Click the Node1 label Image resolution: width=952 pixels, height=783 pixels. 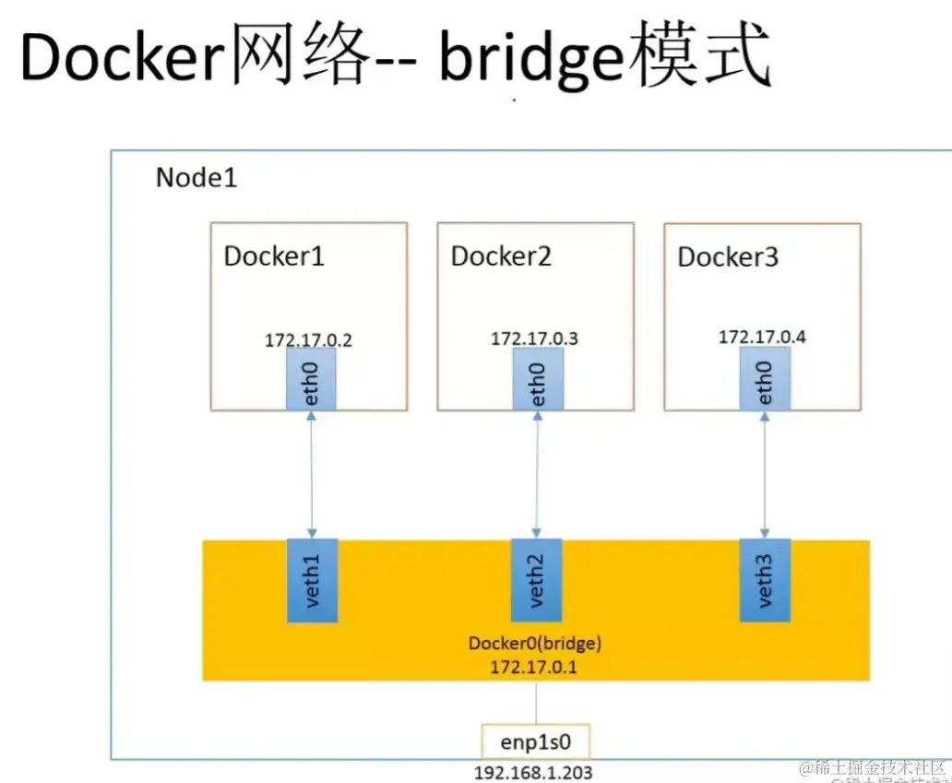[196, 177]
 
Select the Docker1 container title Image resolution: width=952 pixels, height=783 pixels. [274, 255]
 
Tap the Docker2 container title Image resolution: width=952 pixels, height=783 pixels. [501, 255]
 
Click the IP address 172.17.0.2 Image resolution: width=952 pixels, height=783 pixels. [308, 339]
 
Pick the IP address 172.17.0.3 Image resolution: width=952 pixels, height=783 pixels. [534, 338]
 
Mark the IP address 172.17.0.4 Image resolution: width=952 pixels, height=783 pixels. [762, 337]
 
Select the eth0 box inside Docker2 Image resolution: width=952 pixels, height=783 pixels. [538, 380]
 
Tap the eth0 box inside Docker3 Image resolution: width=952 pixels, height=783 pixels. [765, 379]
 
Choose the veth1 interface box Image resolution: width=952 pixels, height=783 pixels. [312, 580]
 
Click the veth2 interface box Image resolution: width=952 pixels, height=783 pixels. [537, 580]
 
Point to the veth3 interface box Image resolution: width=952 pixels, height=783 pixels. [765, 580]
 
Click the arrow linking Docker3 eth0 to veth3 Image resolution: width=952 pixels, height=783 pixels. [764, 474]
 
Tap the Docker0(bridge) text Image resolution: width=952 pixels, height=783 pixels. [534, 643]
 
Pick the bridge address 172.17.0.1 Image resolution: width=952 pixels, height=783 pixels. [534, 666]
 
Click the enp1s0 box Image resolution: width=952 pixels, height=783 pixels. [535, 741]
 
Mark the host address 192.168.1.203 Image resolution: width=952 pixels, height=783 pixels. [533, 773]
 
